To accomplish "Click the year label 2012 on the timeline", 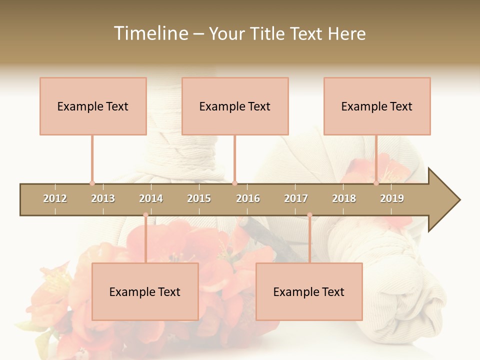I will [x=55, y=198].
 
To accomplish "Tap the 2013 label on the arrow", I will [x=103, y=198].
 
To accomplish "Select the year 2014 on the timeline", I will [x=151, y=198].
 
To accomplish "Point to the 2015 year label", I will [x=199, y=198].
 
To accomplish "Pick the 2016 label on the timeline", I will [x=248, y=198].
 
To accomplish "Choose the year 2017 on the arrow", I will [x=296, y=198].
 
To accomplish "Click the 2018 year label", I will [x=344, y=198].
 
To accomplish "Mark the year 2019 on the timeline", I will [x=392, y=198].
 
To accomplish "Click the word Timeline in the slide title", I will [x=150, y=33].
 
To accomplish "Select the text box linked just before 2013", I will [x=93, y=106].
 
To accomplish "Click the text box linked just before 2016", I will [x=235, y=106].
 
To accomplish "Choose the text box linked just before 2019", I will [x=377, y=106].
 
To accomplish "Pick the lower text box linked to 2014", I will [x=145, y=291].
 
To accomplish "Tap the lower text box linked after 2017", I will [x=309, y=291].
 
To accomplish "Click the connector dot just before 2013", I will [x=92, y=183].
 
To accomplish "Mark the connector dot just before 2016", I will [x=234, y=183].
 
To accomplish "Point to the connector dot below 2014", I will [x=145, y=215].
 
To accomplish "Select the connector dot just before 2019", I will [x=376, y=183].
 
